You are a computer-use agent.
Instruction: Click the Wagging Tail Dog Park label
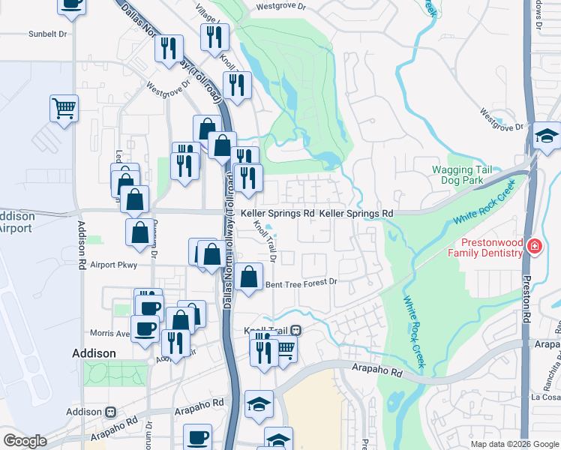pos(462,175)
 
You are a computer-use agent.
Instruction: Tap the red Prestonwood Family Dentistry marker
pos(533,246)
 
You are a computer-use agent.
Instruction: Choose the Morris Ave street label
pos(109,333)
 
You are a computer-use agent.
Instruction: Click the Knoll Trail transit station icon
pos(296,330)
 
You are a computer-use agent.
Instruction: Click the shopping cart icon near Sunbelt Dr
pos(64,107)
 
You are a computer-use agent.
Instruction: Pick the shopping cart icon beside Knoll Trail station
pos(284,347)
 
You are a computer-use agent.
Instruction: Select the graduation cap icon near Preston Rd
pos(547,135)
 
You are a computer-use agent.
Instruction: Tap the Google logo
pos(25,441)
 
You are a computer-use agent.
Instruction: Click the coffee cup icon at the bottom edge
pos(198,436)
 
